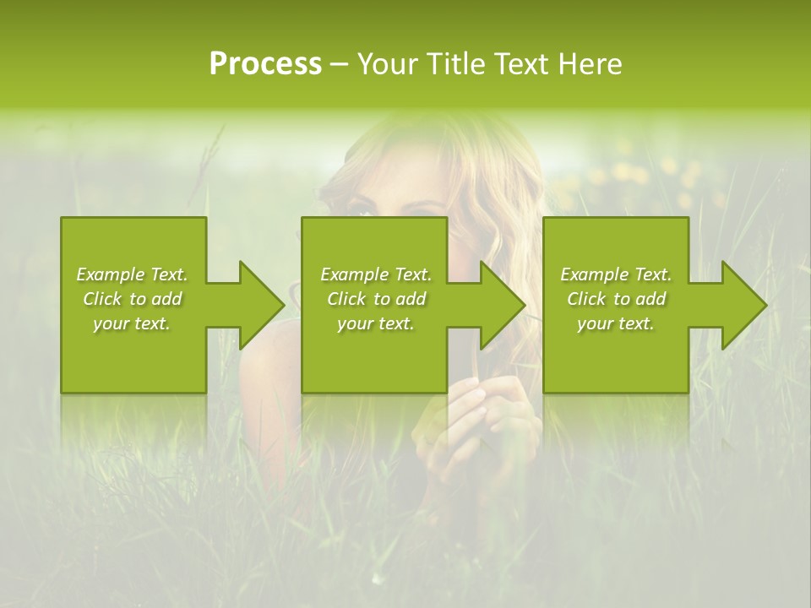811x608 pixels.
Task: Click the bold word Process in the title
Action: coord(265,64)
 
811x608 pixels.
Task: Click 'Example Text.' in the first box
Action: coord(132,274)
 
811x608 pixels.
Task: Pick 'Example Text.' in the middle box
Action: coord(376,274)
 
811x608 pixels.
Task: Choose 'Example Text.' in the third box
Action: coord(616,274)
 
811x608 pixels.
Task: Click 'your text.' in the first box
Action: coord(132,323)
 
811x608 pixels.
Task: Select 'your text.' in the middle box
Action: coord(376,323)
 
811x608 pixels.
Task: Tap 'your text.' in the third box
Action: coord(616,323)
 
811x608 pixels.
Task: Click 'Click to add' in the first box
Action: coord(132,299)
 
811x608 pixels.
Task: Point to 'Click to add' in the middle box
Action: coord(376,299)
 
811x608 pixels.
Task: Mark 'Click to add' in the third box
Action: coord(616,299)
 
